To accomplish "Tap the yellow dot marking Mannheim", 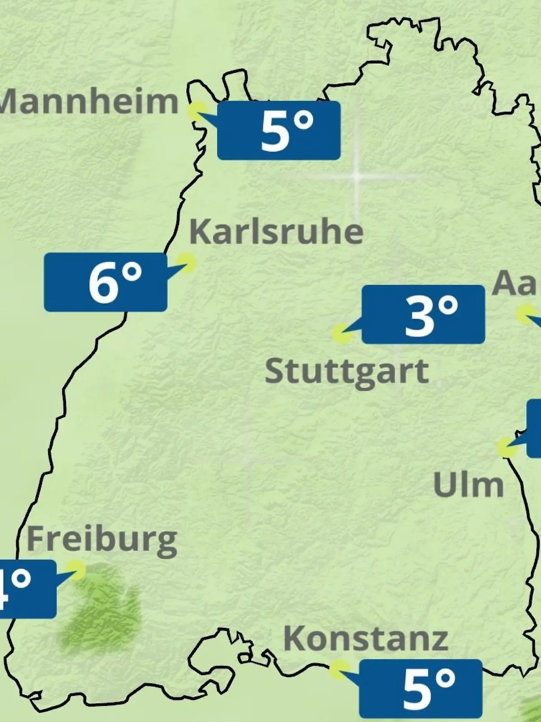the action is (x=197, y=111).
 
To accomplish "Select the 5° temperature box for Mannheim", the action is (x=279, y=130).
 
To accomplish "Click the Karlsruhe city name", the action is (x=276, y=232).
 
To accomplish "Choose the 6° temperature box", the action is (x=105, y=282).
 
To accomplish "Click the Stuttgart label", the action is (x=346, y=371).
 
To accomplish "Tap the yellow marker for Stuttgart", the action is (x=341, y=333).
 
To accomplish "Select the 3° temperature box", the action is (x=423, y=314).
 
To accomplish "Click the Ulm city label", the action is (x=468, y=485).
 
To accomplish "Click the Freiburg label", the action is (x=102, y=539).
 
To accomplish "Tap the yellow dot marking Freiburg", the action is (x=75, y=569).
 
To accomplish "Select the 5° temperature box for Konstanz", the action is (x=421, y=689).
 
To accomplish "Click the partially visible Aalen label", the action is (x=516, y=283).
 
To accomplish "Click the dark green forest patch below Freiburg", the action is (x=101, y=609).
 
